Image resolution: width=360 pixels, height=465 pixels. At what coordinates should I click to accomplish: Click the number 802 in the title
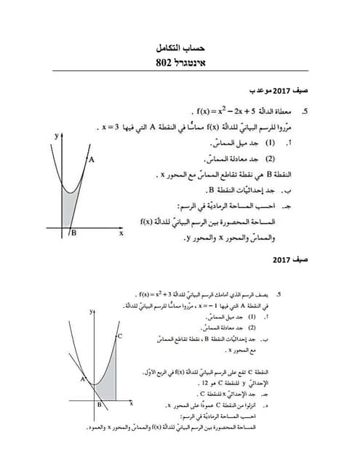pyautogui.click(x=166, y=62)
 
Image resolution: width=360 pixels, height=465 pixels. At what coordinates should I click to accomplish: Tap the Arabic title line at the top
pyautogui.click(x=180, y=48)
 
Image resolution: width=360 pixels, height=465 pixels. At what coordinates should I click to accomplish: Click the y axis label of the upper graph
pyautogui.click(x=56, y=136)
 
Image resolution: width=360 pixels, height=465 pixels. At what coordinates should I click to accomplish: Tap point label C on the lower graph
pyautogui.click(x=119, y=336)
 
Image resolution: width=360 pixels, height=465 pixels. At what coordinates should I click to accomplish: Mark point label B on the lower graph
pyautogui.click(x=99, y=405)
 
